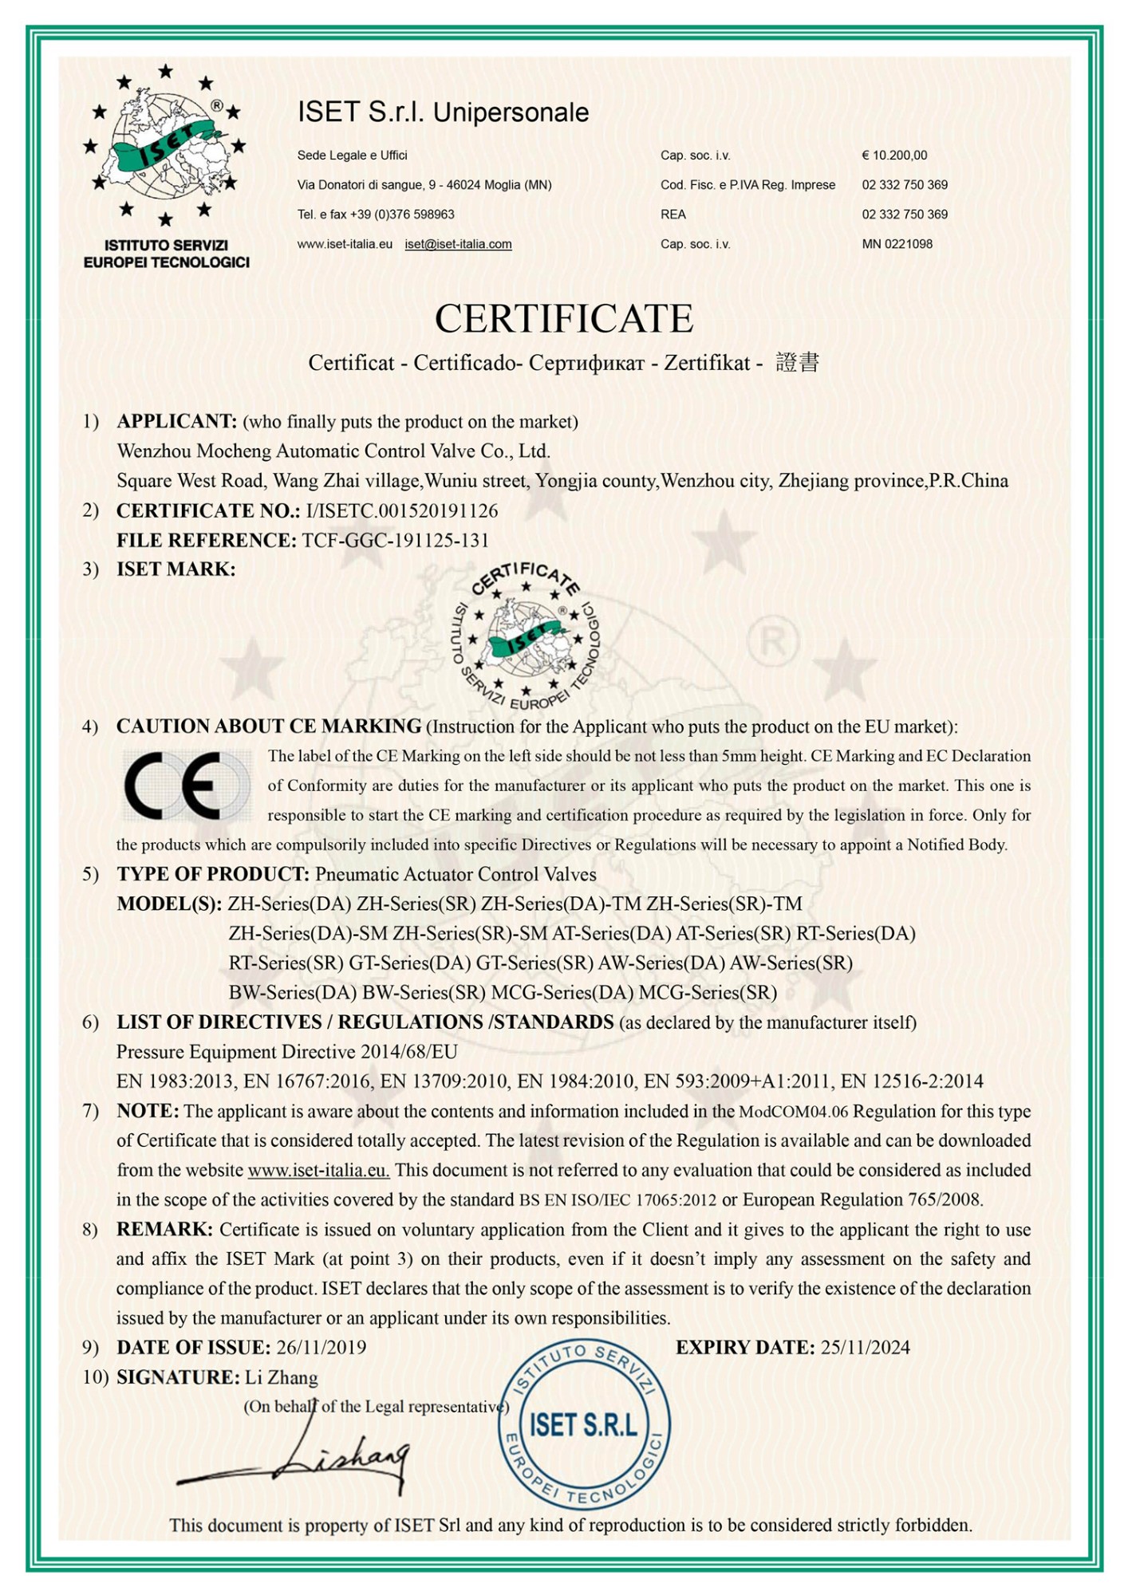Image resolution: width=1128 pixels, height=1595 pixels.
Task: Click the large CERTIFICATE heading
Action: click(x=563, y=318)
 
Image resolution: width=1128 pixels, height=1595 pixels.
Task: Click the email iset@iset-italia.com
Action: click(x=458, y=244)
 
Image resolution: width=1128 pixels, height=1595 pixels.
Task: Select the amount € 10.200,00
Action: click(x=894, y=156)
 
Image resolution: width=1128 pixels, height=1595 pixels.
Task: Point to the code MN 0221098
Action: click(x=897, y=244)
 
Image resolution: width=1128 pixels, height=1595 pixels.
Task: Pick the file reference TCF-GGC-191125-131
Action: click(x=395, y=540)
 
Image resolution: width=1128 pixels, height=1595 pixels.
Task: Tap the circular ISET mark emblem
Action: click(x=527, y=636)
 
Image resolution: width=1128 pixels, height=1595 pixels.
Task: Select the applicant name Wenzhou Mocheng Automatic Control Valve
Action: click(x=333, y=451)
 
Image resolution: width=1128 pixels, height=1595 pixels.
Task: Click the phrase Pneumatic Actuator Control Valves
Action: click(x=456, y=874)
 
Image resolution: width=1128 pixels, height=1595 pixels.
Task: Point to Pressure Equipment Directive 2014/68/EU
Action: click(x=287, y=1052)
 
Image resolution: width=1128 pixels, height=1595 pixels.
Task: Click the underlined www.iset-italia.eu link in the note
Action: click(x=318, y=1171)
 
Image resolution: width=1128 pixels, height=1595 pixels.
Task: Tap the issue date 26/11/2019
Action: click(x=321, y=1348)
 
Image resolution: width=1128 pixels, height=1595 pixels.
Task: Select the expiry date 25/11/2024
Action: click(x=865, y=1348)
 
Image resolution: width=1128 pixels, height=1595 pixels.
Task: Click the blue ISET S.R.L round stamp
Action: click(x=584, y=1425)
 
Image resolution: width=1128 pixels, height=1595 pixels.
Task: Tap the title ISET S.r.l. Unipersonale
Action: click(x=443, y=112)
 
